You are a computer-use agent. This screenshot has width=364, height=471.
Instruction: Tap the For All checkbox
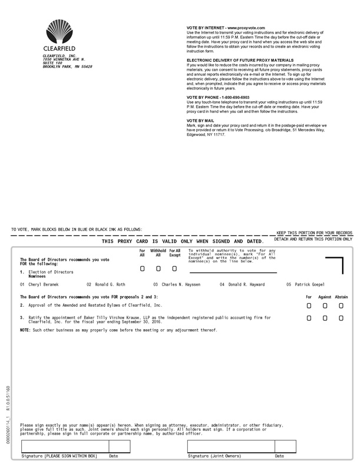click(x=143, y=268)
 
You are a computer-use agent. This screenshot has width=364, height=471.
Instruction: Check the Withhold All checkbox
click(x=158, y=268)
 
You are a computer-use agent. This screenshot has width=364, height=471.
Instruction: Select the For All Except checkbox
click(x=174, y=268)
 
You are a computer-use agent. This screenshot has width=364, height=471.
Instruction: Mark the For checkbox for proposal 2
click(x=309, y=306)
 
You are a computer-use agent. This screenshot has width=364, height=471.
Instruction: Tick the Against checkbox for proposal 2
click(x=325, y=306)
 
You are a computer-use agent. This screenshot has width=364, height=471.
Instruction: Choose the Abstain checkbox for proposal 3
click(x=341, y=318)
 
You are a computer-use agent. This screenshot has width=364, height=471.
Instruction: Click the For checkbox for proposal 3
click(x=309, y=318)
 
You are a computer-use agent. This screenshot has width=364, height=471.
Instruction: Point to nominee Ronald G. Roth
click(x=110, y=284)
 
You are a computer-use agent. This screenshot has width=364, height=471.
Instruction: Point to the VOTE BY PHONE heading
click(x=217, y=97)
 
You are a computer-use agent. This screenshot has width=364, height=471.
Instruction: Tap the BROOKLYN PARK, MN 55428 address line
click(x=67, y=67)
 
